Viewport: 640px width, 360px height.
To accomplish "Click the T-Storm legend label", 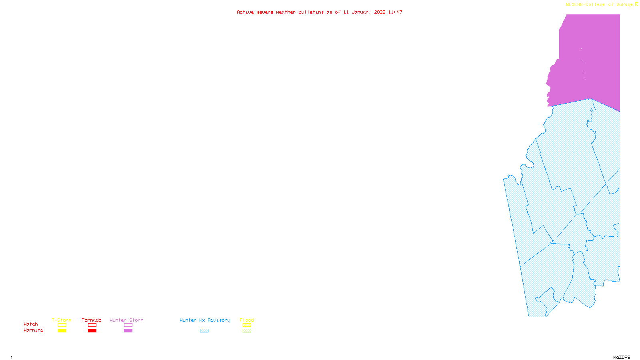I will tap(62, 320).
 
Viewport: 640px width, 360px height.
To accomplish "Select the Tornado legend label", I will tap(92, 320).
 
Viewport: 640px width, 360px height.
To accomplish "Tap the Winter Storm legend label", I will tap(126, 320).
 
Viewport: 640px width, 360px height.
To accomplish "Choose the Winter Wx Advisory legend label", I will tap(205, 320).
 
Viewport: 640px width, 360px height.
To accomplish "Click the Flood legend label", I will tap(247, 320).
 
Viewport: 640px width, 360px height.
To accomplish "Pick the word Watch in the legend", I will tap(31, 324).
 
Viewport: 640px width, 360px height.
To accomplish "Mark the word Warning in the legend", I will tap(34, 330).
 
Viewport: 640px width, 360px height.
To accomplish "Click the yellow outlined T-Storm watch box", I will tap(62, 325).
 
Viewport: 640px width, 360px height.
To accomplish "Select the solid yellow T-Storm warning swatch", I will tap(62, 331).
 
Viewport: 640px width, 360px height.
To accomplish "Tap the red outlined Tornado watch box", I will tap(92, 325).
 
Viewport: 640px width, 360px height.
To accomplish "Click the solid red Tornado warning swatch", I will tap(92, 331).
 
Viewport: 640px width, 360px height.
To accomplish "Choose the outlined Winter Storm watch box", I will tap(128, 325).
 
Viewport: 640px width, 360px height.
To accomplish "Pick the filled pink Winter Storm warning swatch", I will tap(128, 331).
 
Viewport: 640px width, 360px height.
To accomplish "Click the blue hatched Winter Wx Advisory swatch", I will tap(204, 331).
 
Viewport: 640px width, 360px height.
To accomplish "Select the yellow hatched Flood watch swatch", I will tap(247, 325).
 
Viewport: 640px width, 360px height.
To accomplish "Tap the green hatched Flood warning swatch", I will tap(247, 331).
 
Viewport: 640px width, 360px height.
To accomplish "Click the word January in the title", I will tap(361, 12).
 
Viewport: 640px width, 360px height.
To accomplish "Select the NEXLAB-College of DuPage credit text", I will tap(600, 5).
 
